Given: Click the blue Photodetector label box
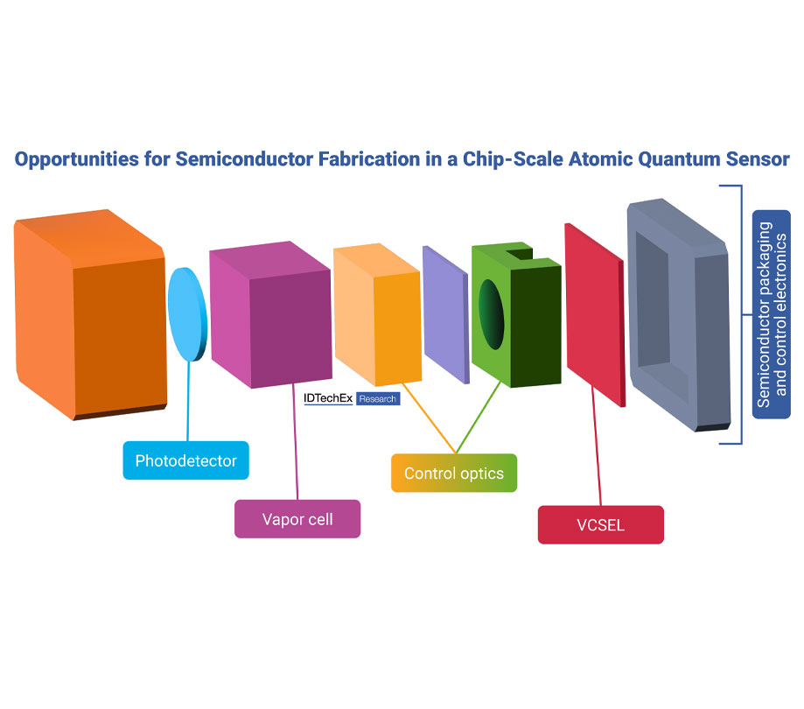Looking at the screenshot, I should coord(185,460).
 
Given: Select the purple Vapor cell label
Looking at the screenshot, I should coord(297,519).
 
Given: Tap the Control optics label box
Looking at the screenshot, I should coord(453,474).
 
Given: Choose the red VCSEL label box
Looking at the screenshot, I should coord(600,526).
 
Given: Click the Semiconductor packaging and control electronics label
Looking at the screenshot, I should coord(772,314).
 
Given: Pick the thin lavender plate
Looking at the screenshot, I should coord(446,312).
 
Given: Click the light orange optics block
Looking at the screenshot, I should coord(376,315).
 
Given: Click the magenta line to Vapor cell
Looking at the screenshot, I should coord(297,446).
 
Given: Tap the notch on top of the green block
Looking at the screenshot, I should coord(520,255).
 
